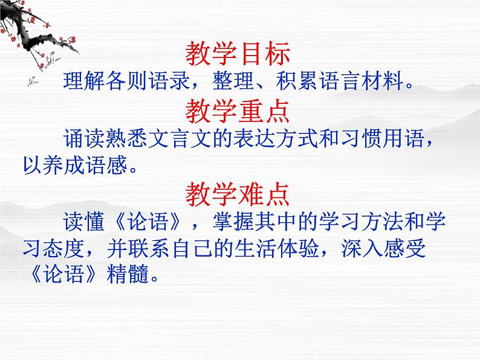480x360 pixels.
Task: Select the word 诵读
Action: [76, 139]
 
